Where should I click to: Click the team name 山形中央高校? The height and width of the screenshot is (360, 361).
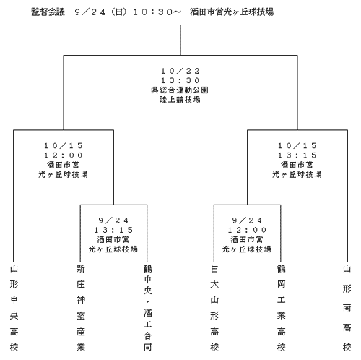click(14, 308)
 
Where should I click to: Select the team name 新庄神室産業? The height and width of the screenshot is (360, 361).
click(81, 308)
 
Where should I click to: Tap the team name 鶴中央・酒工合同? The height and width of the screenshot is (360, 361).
click(147, 308)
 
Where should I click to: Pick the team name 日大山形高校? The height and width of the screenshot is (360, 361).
click(214, 308)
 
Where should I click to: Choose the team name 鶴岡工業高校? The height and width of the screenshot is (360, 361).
click(281, 308)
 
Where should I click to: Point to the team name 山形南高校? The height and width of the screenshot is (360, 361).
click(347, 308)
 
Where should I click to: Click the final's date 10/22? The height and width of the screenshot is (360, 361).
click(180, 71)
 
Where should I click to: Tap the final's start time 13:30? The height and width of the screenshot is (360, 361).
click(180, 80)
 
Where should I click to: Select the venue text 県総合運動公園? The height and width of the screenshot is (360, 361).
click(180, 90)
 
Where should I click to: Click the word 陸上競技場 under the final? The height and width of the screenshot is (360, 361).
click(180, 100)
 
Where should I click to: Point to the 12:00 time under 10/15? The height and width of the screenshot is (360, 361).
click(64, 155)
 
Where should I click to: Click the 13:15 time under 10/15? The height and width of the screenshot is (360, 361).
click(297, 155)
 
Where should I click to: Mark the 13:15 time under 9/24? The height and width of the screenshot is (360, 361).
click(113, 230)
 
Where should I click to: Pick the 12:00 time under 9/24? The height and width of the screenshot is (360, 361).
click(247, 230)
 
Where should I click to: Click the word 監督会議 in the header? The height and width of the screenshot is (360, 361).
click(48, 12)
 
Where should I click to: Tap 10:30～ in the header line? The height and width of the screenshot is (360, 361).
click(157, 12)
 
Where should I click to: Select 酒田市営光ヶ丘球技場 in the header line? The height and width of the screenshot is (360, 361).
click(232, 12)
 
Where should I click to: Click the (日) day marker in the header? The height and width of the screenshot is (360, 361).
click(118, 12)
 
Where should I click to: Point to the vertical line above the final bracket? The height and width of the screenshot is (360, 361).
click(180, 40)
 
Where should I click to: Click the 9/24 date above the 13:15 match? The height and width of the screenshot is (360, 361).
click(113, 220)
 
